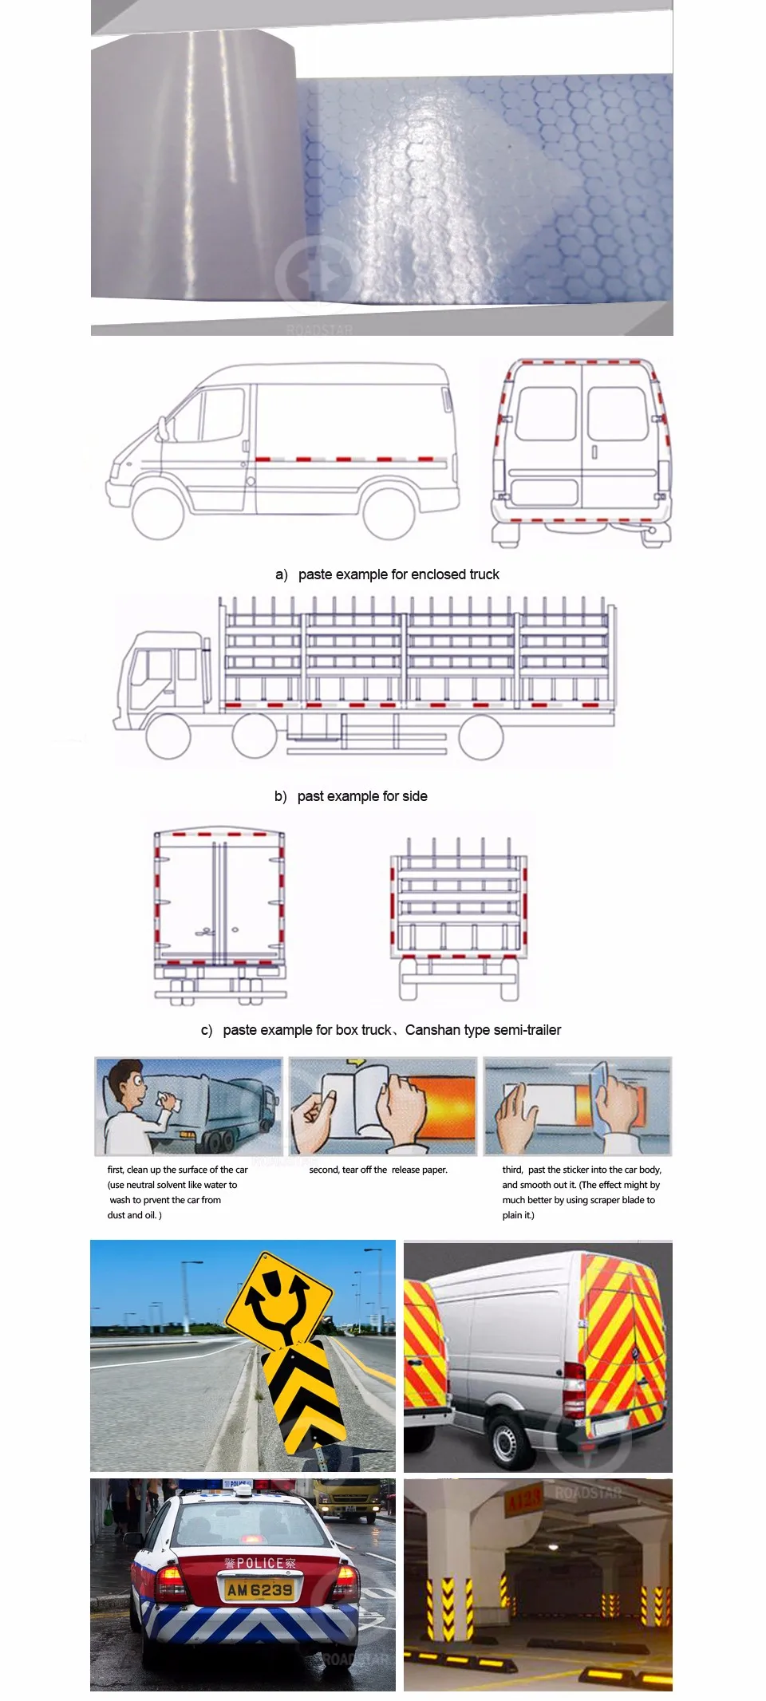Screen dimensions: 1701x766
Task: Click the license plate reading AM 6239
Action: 260,1590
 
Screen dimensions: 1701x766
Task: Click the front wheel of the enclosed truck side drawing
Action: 158,511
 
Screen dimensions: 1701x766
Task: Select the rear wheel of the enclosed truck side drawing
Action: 389,511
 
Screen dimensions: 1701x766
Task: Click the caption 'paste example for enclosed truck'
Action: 398,574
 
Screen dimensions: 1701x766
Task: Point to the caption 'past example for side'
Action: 362,796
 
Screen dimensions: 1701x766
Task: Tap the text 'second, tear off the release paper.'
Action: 378,1170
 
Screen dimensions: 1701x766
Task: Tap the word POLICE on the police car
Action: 261,1563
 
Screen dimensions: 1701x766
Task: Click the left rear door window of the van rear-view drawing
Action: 546,413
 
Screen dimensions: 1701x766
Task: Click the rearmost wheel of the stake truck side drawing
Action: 481,736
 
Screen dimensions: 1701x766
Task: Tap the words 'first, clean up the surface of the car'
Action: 177,1170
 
